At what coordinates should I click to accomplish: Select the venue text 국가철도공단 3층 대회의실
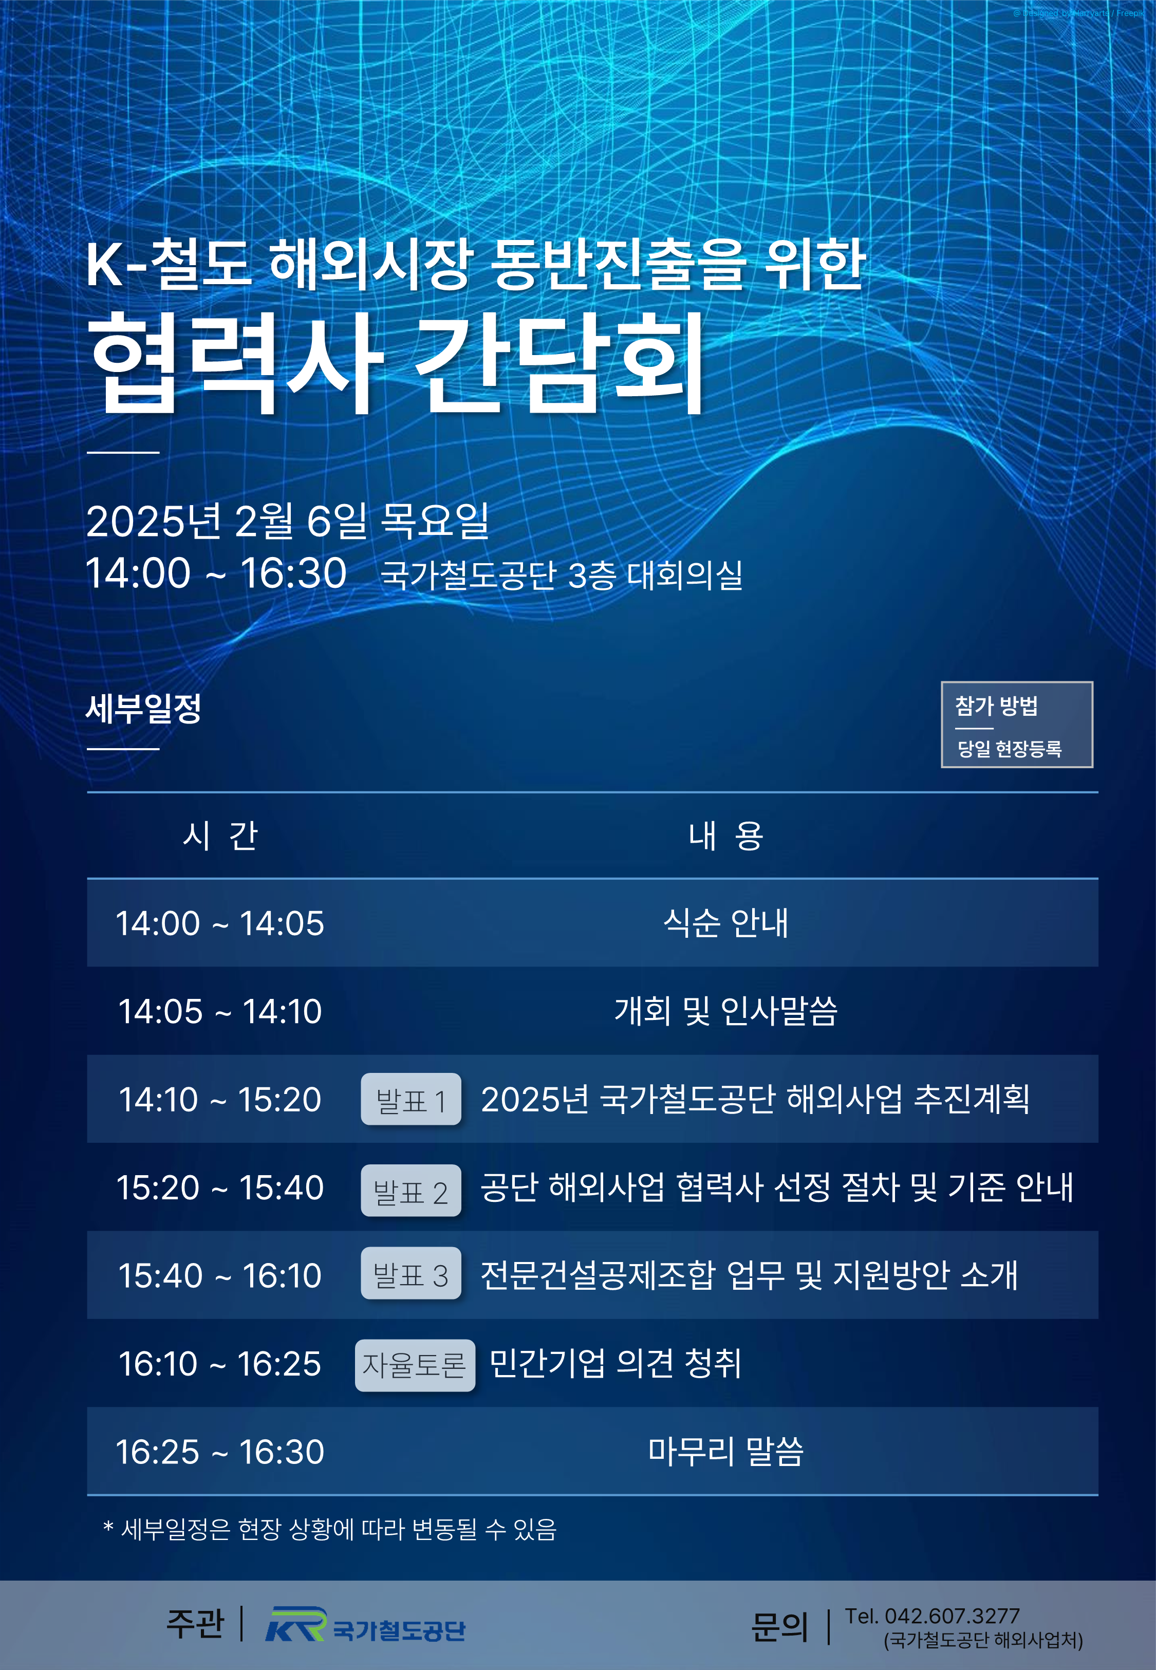pos(562,576)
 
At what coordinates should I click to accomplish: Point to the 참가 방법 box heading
pos(997,706)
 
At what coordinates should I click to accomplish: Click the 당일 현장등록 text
pos(1009,749)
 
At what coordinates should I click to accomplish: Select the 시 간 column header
pos(220,836)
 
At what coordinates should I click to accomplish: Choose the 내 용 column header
pos(726,836)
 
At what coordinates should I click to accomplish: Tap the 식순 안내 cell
pos(726,923)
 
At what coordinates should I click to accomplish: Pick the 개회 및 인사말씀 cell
pos(726,1011)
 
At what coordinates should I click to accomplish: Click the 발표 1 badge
pos(411,1099)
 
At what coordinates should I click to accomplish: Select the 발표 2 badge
pos(411,1191)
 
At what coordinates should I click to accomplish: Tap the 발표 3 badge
pos(411,1273)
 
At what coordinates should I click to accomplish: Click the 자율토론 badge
pos(415,1366)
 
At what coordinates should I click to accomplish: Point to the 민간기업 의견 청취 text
pos(616,1364)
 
